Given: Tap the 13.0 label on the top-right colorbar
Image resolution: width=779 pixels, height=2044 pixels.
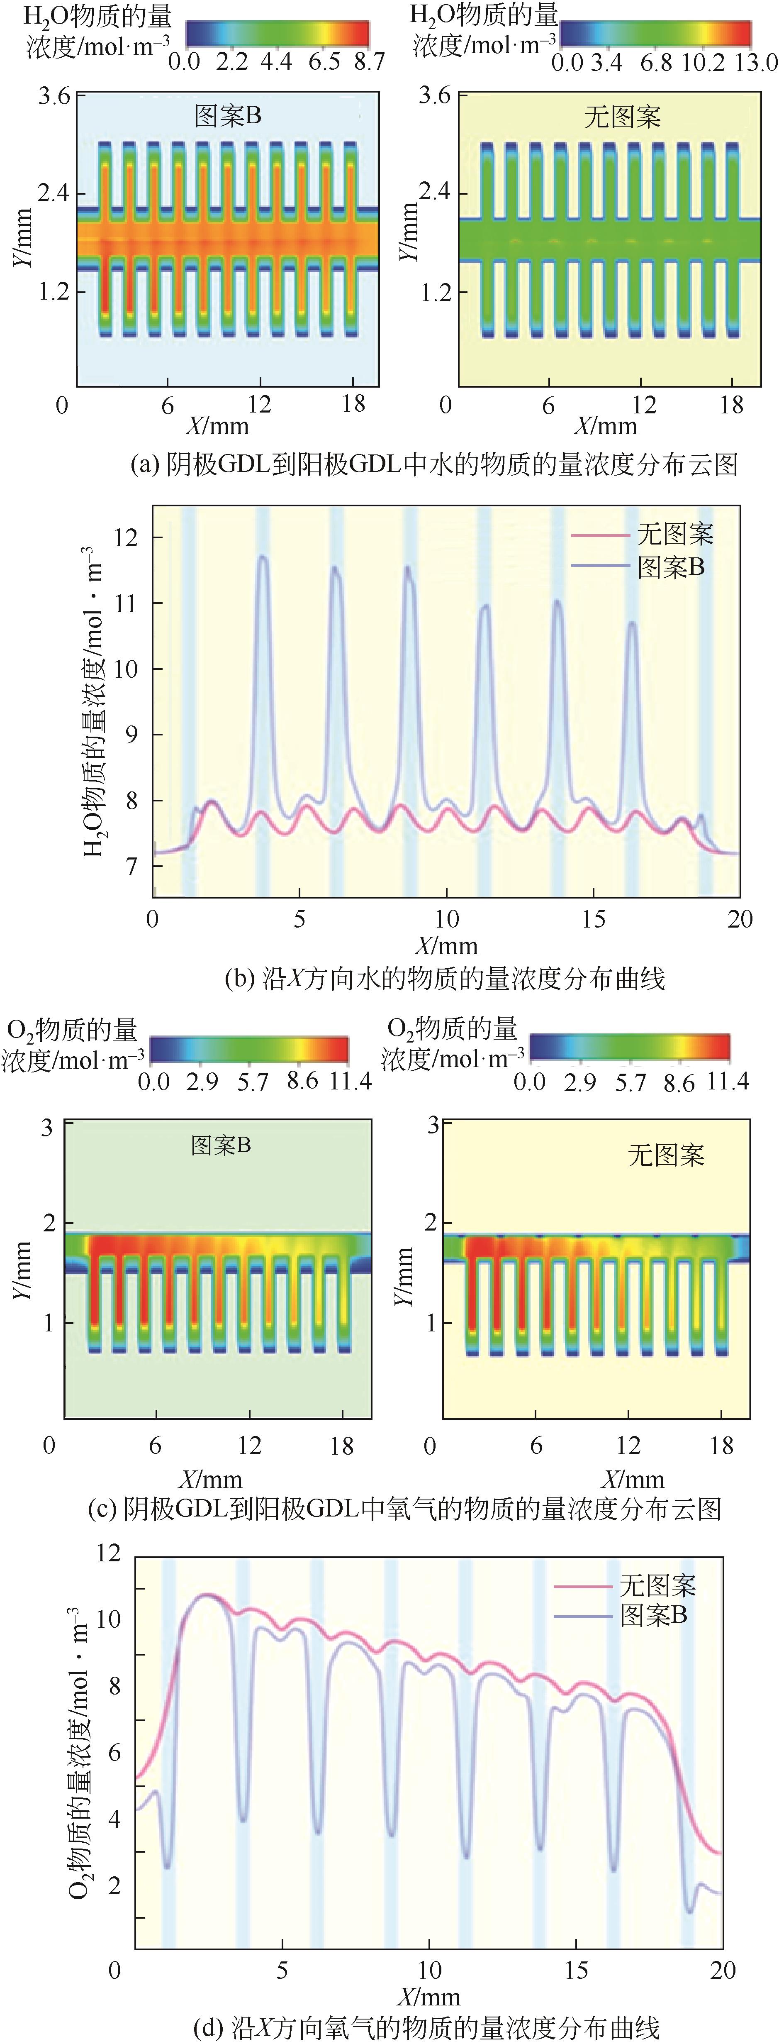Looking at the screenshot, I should click(x=755, y=62).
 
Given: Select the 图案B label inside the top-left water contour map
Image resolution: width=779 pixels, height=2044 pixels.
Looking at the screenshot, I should click(x=228, y=117).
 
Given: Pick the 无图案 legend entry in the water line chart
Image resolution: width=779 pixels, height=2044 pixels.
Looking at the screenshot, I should click(x=674, y=534).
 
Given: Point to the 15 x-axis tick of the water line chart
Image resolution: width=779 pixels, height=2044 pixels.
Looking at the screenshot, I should click(x=593, y=919).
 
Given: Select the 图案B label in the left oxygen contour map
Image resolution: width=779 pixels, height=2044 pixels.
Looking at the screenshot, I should click(x=222, y=1145).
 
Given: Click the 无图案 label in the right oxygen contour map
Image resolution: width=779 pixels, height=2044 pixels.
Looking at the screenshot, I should click(x=666, y=1155).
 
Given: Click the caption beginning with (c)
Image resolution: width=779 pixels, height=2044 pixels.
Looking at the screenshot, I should click(x=404, y=1508).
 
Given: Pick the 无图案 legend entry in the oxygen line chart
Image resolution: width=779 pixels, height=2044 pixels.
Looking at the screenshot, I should click(x=657, y=1585).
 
